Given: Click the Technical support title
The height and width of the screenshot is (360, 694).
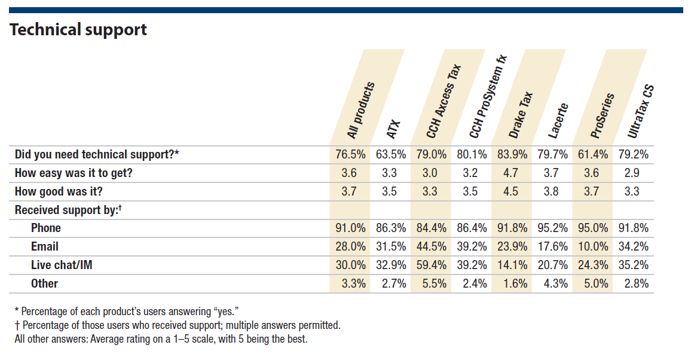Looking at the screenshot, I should click(x=78, y=30).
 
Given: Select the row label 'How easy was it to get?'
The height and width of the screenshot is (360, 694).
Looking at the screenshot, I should click(x=74, y=173).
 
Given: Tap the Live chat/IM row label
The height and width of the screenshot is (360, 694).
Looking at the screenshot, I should click(x=62, y=265).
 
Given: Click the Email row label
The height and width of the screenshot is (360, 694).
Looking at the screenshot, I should click(x=45, y=246).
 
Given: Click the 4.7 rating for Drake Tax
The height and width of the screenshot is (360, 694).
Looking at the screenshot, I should click(x=512, y=173).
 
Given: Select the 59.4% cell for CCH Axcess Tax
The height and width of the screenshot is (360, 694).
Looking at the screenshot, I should click(x=430, y=265).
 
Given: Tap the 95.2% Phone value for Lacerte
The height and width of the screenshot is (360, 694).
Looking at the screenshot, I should click(x=552, y=228).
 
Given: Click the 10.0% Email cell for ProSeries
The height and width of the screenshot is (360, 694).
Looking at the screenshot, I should click(x=593, y=246).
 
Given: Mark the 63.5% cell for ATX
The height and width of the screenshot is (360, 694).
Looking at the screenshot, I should click(x=390, y=154).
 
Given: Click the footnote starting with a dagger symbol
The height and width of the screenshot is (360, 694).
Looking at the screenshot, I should click(x=177, y=326).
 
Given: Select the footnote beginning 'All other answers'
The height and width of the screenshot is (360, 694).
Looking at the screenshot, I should click(x=161, y=340).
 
